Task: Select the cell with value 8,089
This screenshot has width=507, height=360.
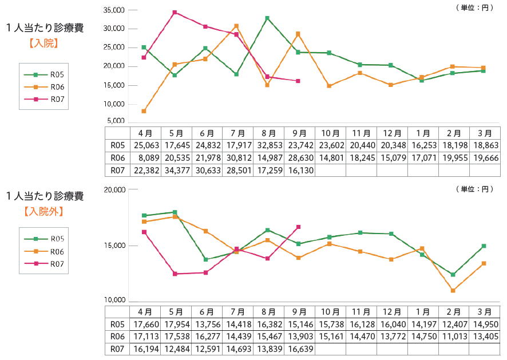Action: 145,157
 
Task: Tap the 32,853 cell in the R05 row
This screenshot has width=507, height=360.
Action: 269,145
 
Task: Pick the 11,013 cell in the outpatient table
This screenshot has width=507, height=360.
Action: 454,336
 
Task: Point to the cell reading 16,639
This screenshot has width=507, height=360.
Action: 300,348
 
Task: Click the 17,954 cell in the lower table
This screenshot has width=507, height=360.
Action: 176,324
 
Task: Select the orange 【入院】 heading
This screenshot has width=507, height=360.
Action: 43,43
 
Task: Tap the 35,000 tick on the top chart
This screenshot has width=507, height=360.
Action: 115,10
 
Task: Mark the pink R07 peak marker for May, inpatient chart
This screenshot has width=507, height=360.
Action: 175,12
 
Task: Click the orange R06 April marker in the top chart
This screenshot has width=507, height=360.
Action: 144,111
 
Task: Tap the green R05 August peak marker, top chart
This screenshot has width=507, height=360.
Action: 267,18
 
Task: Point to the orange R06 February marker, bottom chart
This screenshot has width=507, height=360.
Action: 453,291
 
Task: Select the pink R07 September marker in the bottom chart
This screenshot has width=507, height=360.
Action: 298,227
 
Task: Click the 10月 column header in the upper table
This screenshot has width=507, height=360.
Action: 331,133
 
